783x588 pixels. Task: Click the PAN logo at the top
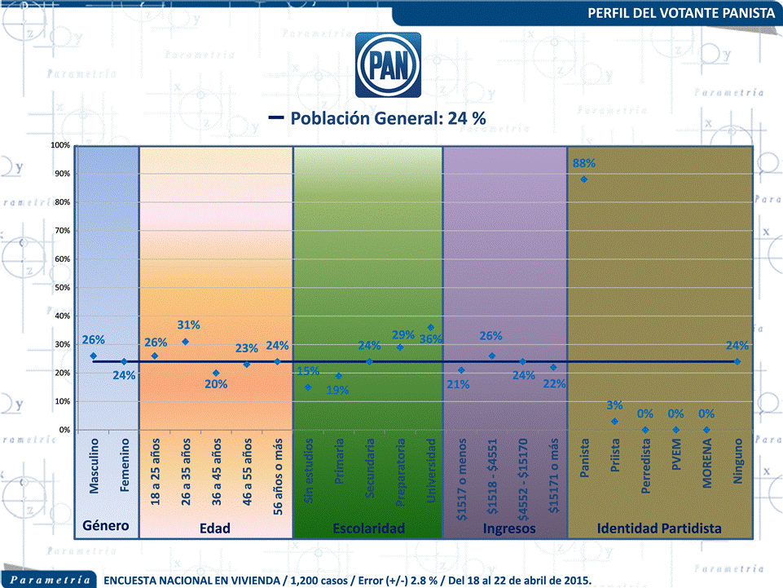(x=389, y=65)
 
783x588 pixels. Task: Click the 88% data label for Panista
(x=584, y=163)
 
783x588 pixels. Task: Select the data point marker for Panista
(x=584, y=179)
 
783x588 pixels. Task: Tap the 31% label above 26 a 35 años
(x=189, y=325)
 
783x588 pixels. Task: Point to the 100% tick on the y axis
(x=59, y=145)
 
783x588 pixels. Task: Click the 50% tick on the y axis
(x=62, y=288)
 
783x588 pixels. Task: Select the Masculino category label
(x=94, y=465)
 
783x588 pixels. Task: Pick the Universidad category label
(x=431, y=468)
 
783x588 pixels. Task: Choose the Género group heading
(x=104, y=525)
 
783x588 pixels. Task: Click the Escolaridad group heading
(x=369, y=528)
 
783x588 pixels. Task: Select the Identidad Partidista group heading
(x=659, y=528)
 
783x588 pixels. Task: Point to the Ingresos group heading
(x=509, y=528)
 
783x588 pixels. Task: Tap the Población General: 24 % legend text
(x=388, y=118)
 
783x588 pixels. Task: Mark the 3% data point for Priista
(x=614, y=421)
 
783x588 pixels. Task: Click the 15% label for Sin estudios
(x=308, y=371)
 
